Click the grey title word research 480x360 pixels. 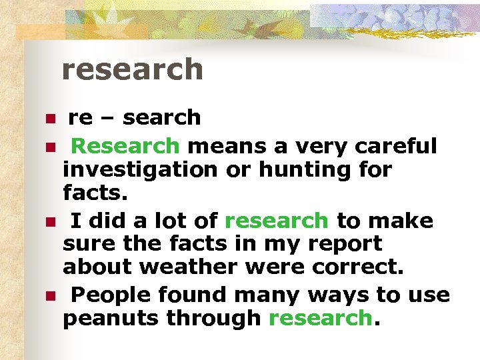[x=132, y=69]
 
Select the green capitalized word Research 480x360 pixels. [x=125, y=145]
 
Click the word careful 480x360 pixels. [x=396, y=145]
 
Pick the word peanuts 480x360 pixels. [x=111, y=319]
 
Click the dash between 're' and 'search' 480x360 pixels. [x=108, y=119]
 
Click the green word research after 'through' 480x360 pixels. [x=319, y=319]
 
